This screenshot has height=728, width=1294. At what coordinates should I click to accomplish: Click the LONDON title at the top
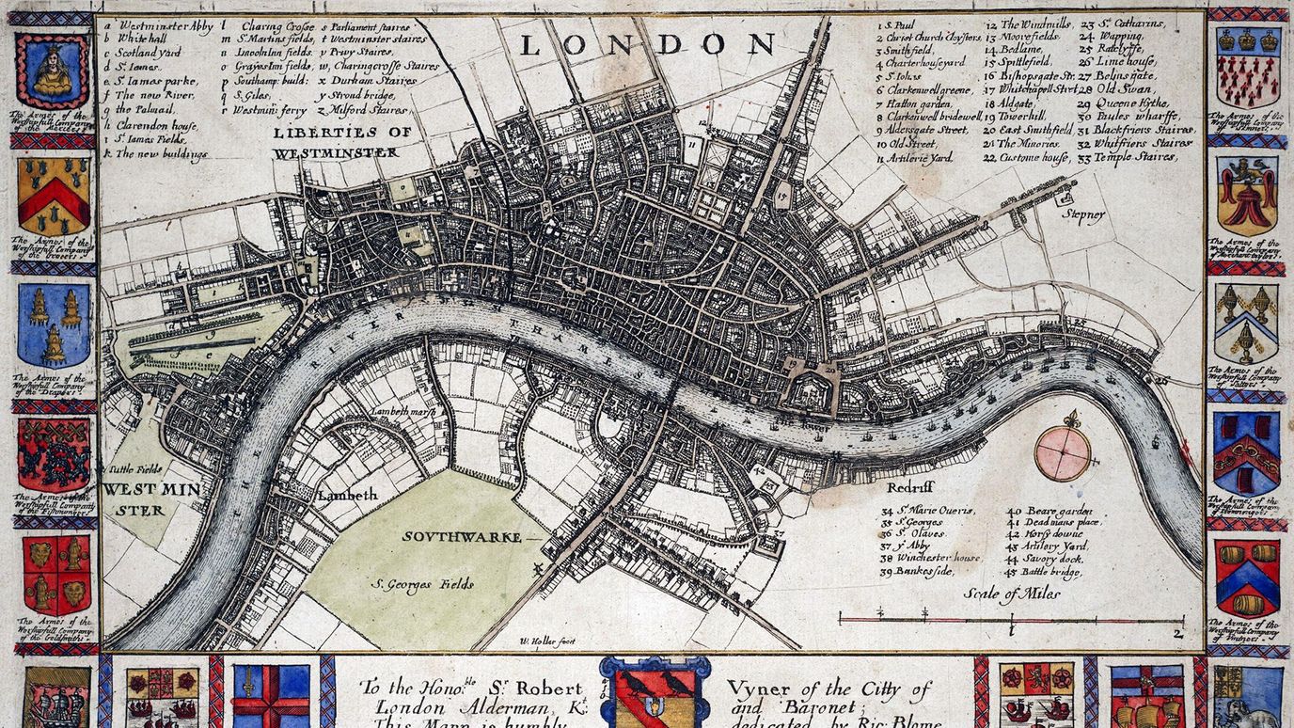(x=647, y=43)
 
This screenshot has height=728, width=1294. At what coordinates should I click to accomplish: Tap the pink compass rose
(x=1063, y=452)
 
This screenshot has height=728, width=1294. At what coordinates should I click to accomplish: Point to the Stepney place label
(x=1083, y=215)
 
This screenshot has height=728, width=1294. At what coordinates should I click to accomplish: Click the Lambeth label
(x=347, y=495)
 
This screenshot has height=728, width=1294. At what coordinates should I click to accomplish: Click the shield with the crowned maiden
(x=53, y=71)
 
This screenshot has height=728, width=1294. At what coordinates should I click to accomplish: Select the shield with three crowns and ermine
(x=1247, y=65)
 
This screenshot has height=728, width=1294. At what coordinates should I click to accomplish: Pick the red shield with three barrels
(x=1246, y=577)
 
